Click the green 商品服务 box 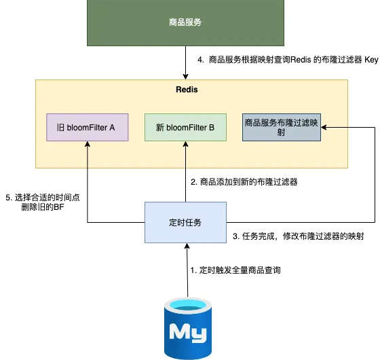(185, 22)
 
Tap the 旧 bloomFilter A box (87, 127)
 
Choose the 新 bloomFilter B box (185, 127)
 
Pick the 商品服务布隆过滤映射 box (282, 127)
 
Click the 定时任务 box (185, 222)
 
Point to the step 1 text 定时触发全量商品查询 (235, 270)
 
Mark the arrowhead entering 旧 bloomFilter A (87, 144)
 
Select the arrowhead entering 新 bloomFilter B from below (185, 144)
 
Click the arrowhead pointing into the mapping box (324, 127)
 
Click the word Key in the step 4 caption (370, 60)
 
